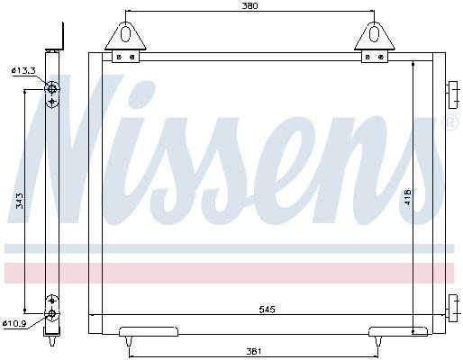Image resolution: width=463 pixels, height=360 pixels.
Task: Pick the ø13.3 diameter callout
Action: tap(23, 71)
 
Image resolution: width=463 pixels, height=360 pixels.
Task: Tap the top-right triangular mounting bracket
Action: tap(373, 37)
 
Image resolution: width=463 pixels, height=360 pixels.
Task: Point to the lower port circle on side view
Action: tap(53, 313)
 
